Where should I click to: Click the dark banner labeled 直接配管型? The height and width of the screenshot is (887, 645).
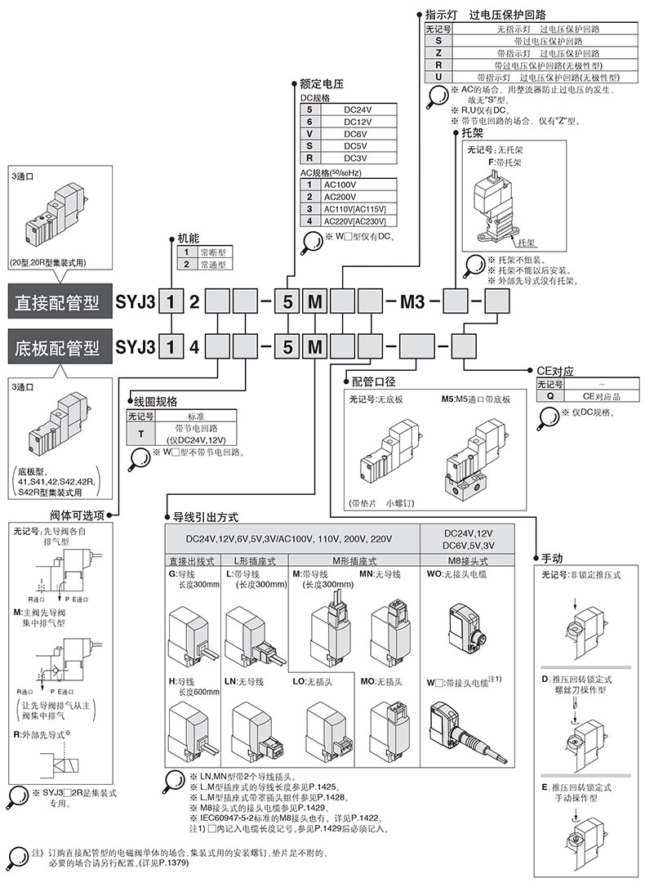click(x=57, y=302)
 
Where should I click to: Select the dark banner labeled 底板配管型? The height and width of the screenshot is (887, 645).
click(x=57, y=348)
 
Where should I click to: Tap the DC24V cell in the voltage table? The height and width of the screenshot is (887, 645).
click(x=358, y=109)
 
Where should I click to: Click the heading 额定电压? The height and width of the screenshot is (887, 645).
click(x=321, y=83)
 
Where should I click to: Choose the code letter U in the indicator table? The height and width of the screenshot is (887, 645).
click(x=438, y=76)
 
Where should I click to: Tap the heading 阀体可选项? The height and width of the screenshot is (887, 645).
click(x=78, y=515)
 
